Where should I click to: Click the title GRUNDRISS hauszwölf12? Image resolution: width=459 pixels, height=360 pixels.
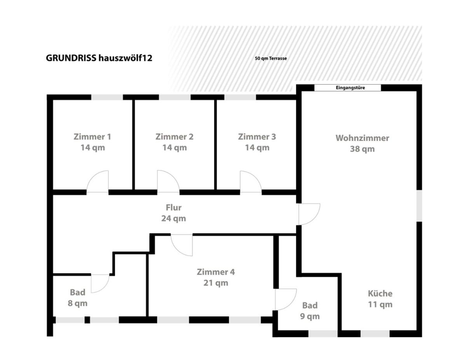pos(99,58)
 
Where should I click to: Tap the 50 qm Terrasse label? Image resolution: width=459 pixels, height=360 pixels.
pos(271,59)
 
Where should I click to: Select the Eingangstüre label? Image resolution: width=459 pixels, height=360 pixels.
pos(350,88)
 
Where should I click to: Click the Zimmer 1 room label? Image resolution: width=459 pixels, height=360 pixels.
pos(92,137)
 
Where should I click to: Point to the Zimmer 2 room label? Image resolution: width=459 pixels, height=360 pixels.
pos(175,137)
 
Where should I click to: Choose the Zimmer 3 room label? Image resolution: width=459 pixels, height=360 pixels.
pos(257,137)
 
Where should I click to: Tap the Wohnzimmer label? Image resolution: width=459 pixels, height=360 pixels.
pos(362,138)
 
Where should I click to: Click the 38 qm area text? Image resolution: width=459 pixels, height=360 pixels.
pos(362,149)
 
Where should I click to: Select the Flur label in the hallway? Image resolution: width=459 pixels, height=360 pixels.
pos(174,208)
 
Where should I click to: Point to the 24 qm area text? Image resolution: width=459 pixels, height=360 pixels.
pos(174,219)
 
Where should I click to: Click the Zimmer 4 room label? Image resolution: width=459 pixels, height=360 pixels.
pos(216,272)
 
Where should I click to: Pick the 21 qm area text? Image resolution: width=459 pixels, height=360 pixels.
pos(216,283)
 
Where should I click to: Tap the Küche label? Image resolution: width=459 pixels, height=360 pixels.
pos(380,293)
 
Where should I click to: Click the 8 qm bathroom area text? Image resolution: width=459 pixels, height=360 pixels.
pos(78,303)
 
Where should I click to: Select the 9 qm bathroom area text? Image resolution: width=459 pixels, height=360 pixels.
pos(310,317)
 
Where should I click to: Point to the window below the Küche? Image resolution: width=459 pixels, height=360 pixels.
pos(375,334)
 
